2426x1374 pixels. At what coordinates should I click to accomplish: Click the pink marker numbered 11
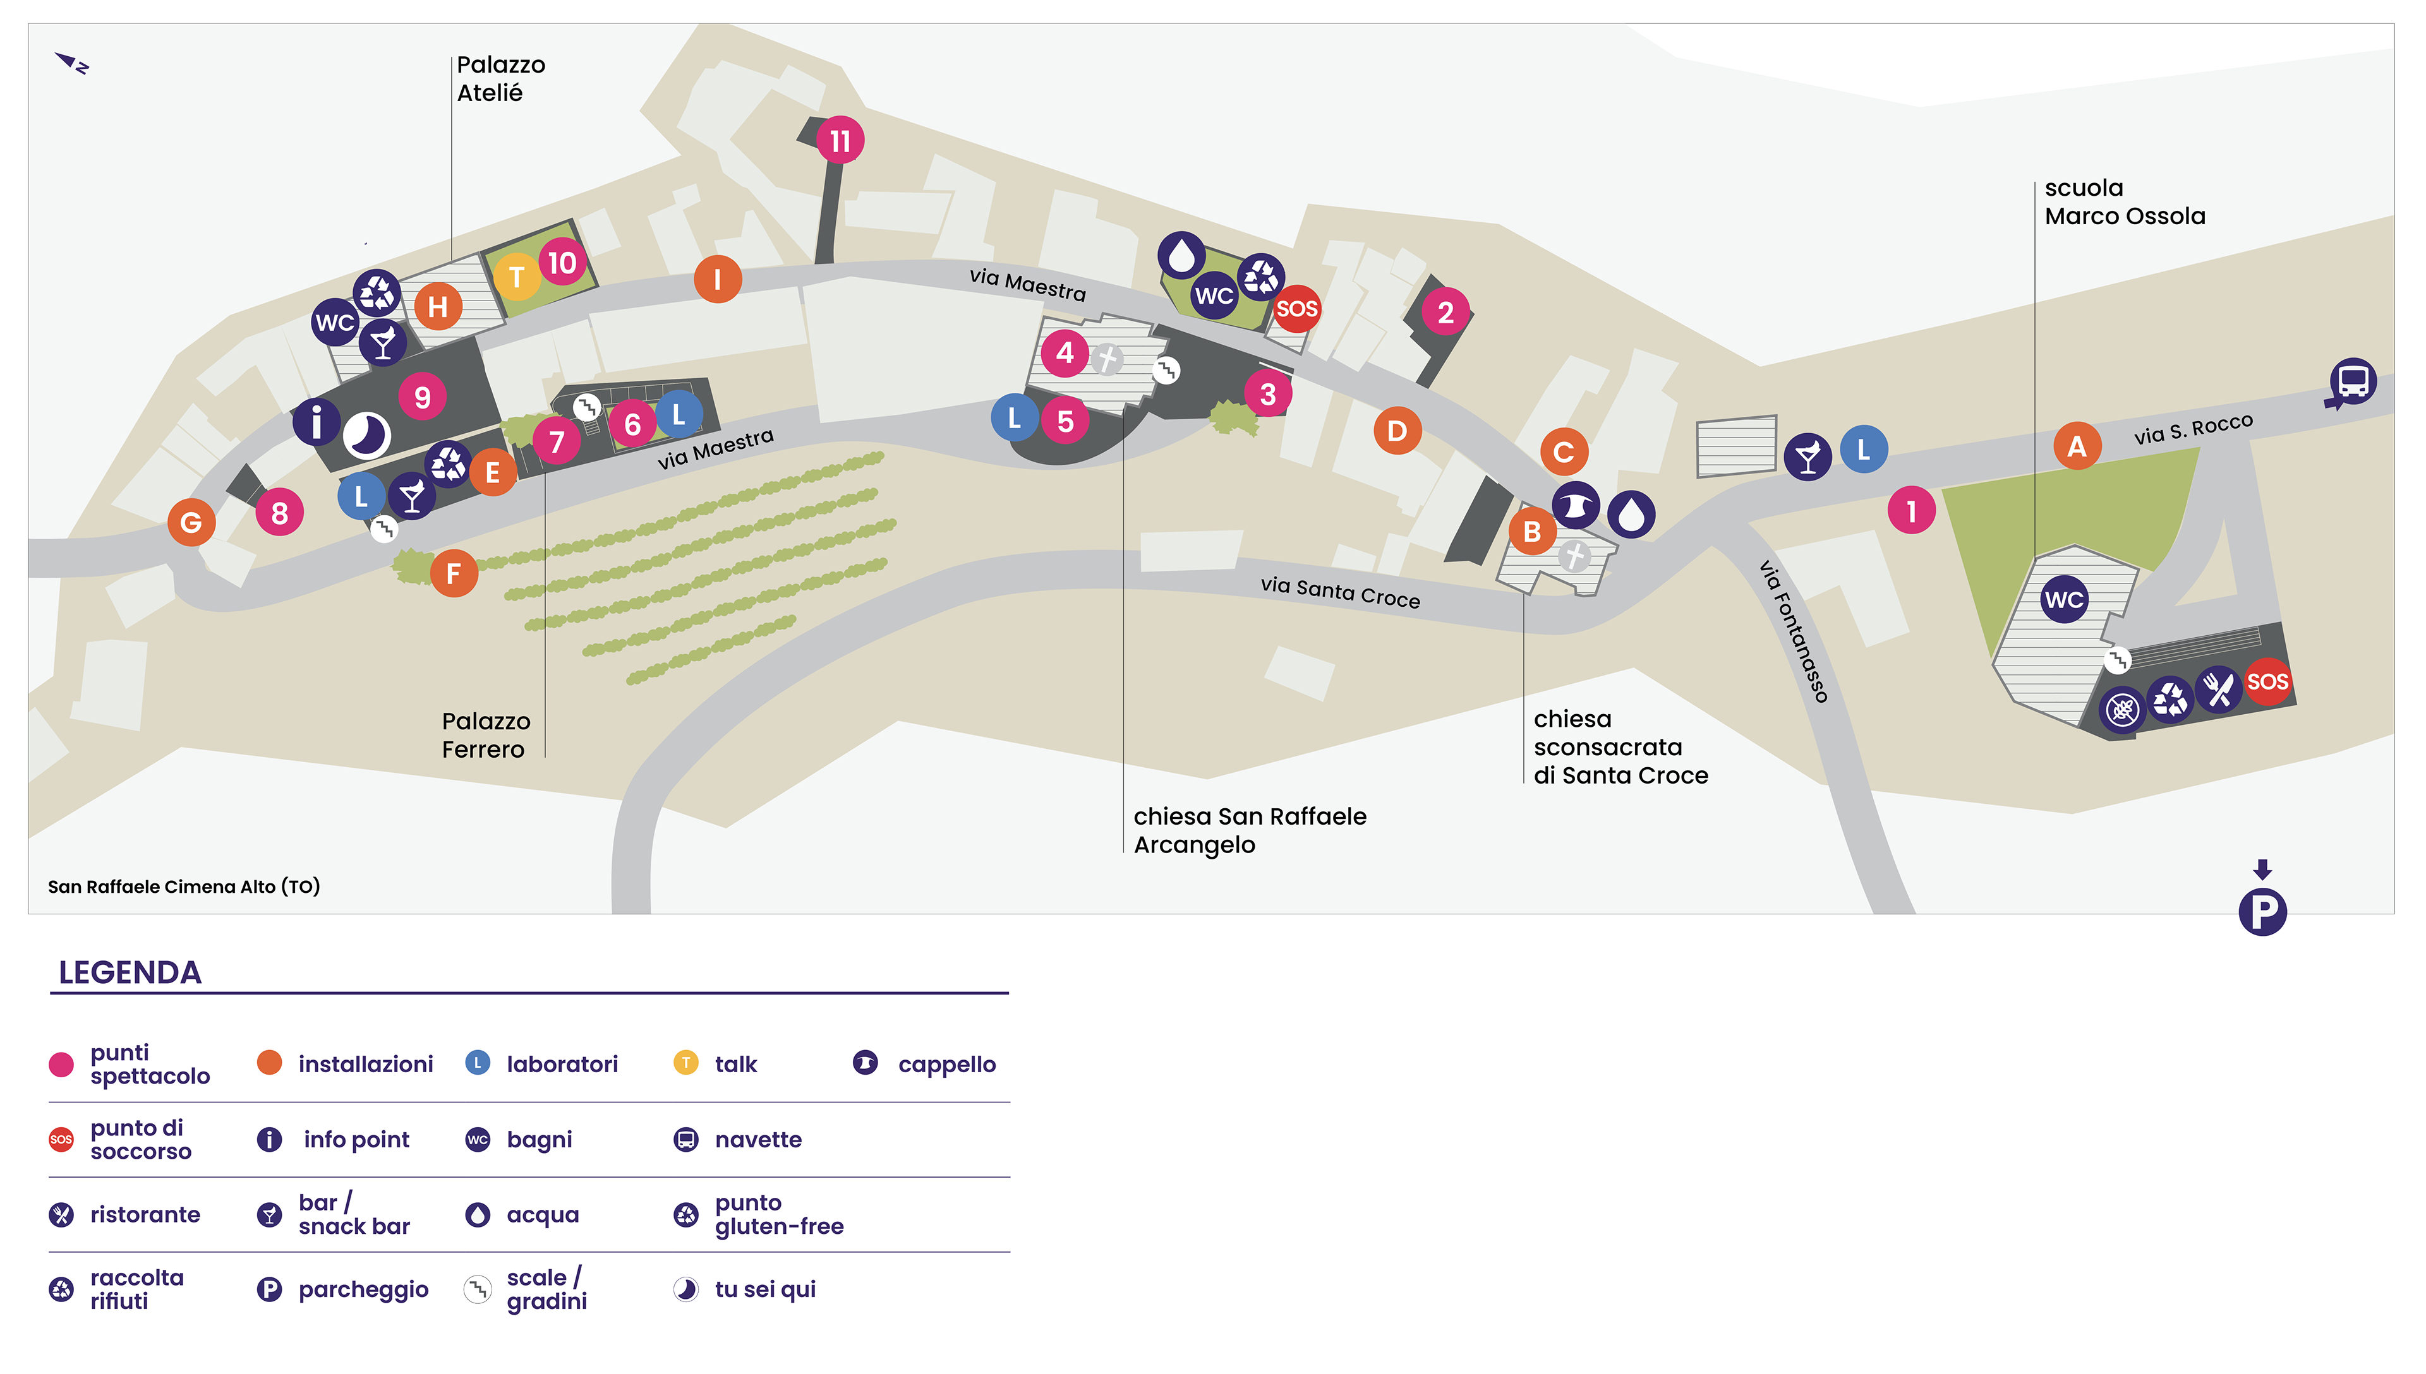coord(839,141)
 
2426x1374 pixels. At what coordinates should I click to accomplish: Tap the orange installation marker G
coord(191,522)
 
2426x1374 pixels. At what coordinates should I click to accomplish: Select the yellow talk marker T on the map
coord(516,277)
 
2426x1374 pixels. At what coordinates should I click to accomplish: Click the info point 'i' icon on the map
coord(317,422)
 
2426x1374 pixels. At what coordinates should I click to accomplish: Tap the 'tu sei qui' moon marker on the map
coord(366,435)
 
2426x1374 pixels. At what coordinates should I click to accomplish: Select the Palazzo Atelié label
coord(500,78)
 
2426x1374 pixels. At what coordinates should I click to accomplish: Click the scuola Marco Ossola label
coord(2124,202)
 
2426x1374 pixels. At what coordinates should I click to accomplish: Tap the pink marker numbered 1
coord(1912,511)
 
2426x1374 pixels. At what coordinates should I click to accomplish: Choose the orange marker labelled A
coord(2077,445)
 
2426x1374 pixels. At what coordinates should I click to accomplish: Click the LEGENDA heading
coord(130,972)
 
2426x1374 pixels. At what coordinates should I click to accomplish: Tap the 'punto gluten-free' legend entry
coord(758,1214)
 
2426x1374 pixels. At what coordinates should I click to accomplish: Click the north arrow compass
coord(72,63)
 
